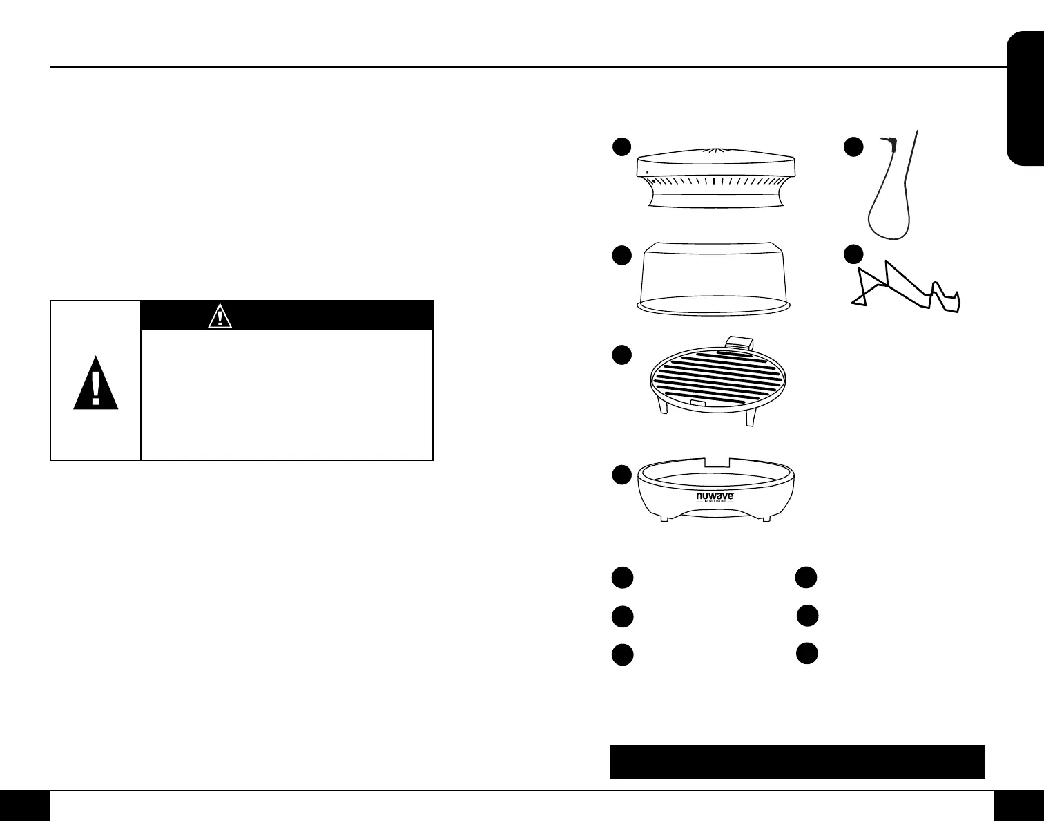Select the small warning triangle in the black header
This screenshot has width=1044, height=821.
pos(220,317)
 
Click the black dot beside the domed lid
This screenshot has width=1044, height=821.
pos(621,255)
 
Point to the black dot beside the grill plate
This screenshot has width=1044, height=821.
pos(621,355)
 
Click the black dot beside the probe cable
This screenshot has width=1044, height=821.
pos(854,147)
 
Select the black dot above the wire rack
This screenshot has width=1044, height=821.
pos(854,254)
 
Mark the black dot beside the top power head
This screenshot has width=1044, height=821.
pos(621,147)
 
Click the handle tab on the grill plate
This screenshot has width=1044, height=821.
pos(739,342)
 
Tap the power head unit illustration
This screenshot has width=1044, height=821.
pos(716,176)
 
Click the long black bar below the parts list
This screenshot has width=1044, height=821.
pos(797,761)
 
